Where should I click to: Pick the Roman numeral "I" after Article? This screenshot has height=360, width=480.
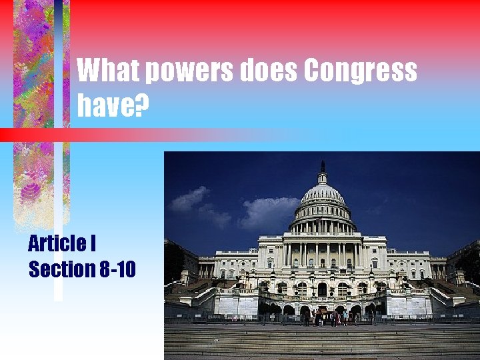(92, 243)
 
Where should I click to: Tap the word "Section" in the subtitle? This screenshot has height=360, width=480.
(61, 269)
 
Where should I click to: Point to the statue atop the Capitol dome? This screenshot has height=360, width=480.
(323, 165)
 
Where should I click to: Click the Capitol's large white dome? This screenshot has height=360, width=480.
(323, 200)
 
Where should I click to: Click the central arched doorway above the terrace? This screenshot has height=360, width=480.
(323, 289)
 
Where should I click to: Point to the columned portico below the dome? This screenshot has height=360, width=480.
(323, 253)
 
